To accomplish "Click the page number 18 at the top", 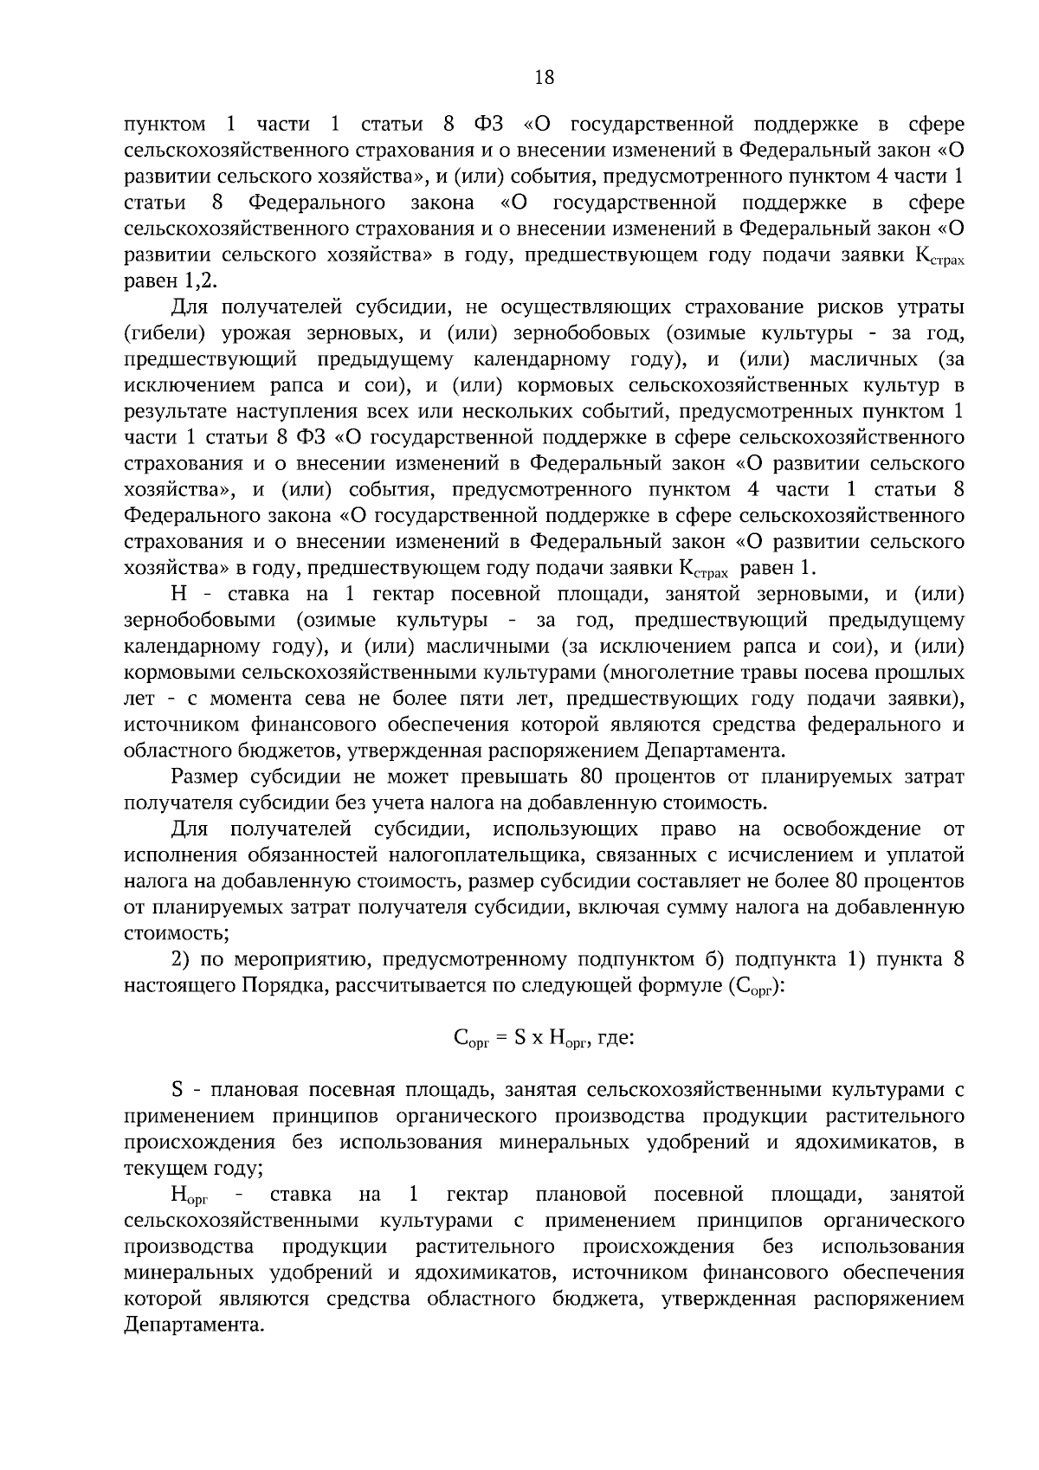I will point(544,77).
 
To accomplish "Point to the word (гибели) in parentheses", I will point(158,333).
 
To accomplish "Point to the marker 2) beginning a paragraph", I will point(180,959).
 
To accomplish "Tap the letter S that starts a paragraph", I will point(177,1089).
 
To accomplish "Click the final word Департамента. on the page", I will point(193,1325).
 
